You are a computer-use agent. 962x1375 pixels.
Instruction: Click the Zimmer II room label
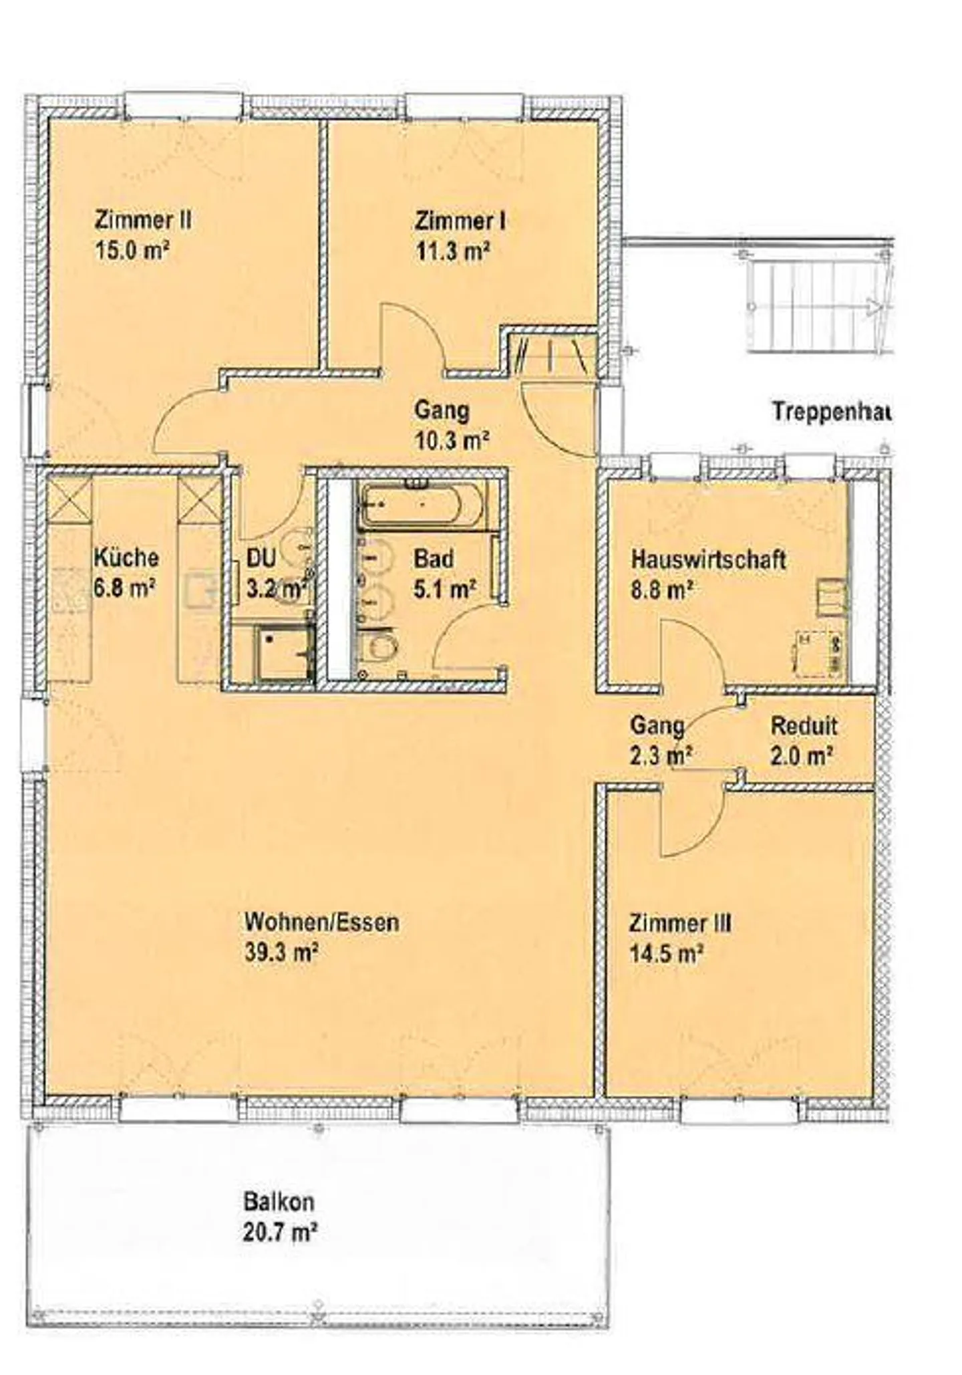point(143,220)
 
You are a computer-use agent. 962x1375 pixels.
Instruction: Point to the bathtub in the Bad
point(422,505)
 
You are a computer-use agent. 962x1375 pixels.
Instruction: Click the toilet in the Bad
point(381,647)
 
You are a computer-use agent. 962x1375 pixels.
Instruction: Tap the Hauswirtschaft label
point(708,559)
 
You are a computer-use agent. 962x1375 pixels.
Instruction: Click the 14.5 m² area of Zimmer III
point(667,953)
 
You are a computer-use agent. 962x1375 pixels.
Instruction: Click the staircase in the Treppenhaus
point(819,307)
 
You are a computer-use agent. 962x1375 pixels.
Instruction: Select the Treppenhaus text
point(832,411)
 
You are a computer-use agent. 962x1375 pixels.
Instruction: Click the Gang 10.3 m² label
point(452,424)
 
